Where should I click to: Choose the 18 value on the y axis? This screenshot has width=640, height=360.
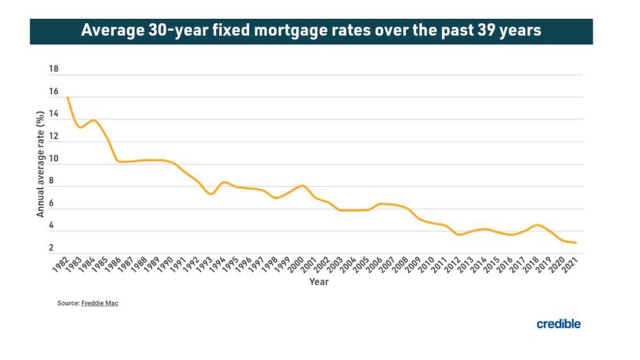click(x=54, y=70)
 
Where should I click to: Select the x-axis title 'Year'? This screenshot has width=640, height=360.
click(x=319, y=282)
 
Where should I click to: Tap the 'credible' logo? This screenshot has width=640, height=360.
click(x=558, y=324)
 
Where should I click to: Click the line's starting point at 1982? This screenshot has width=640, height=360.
click(x=67, y=97)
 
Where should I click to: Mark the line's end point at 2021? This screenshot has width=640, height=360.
click(x=575, y=243)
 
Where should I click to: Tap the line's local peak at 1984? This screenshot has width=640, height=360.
click(x=93, y=120)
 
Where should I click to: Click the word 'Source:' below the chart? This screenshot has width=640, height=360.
click(x=67, y=303)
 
